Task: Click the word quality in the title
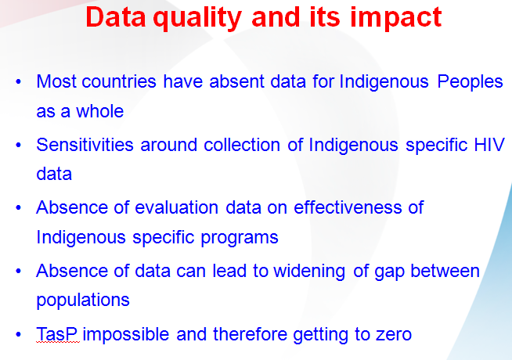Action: pyautogui.click(x=197, y=19)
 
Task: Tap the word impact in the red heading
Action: pyautogui.click(x=396, y=18)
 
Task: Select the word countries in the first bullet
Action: pyautogui.click(x=119, y=81)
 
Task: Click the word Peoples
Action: pyautogui.click(x=470, y=82)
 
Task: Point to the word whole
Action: pyautogui.click(x=100, y=111)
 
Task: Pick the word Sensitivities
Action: pyautogui.click(x=85, y=145)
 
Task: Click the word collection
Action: pyautogui.click(x=242, y=145)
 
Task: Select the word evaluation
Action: pyautogui.click(x=177, y=207)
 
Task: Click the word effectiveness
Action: pyautogui.click(x=348, y=207)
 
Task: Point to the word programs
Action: pyautogui.click(x=240, y=238)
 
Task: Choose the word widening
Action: pyautogui.click(x=309, y=272)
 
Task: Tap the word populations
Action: pyautogui.click(x=83, y=301)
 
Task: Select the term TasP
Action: pyautogui.click(x=57, y=334)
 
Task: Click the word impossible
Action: pyautogui.click(x=126, y=334)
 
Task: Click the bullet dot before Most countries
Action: pyautogui.click(x=18, y=81)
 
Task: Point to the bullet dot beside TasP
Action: pyautogui.click(x=18, y=334)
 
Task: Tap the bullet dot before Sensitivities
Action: pyautogui.click(x=18, y=145)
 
